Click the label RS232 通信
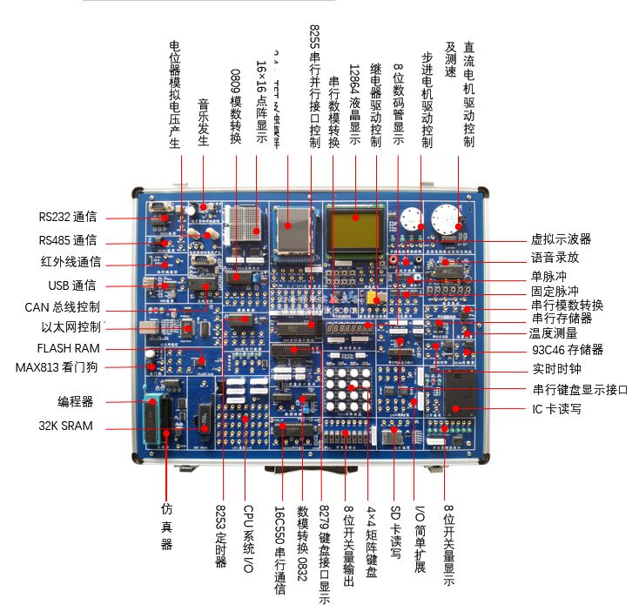point(67,218)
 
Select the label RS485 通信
point(67,240)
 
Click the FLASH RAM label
point(69,348)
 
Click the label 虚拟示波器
point(561,238)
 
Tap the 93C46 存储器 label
point(566,350)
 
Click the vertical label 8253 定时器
point(221,536)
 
